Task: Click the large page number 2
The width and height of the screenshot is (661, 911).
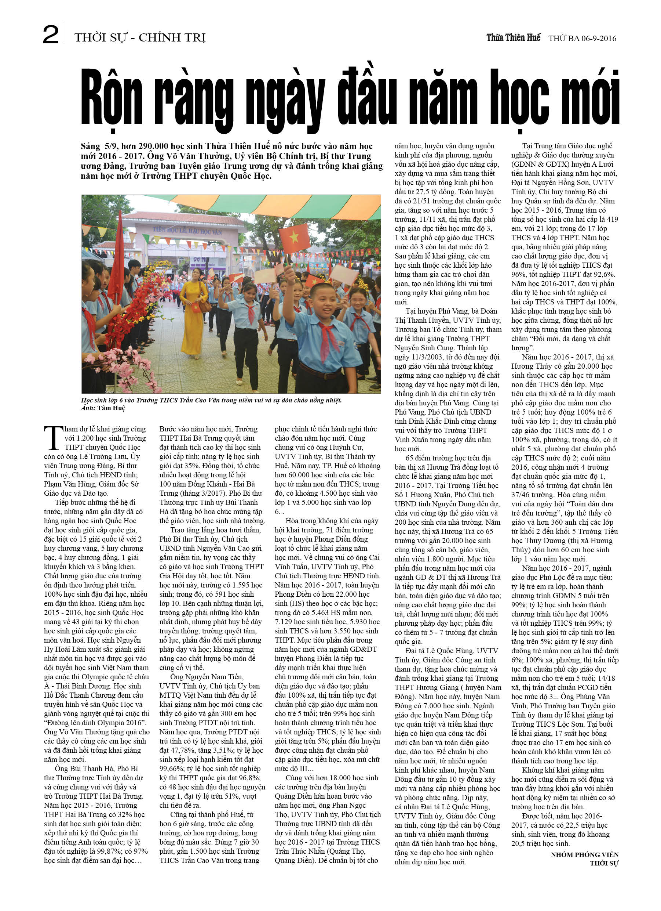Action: click(51, 35)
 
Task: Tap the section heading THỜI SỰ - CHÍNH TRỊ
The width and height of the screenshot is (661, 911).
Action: click(140, 38)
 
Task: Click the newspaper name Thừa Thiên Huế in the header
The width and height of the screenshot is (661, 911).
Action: click(513, 38)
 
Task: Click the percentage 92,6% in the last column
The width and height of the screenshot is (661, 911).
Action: click(602, 275)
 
